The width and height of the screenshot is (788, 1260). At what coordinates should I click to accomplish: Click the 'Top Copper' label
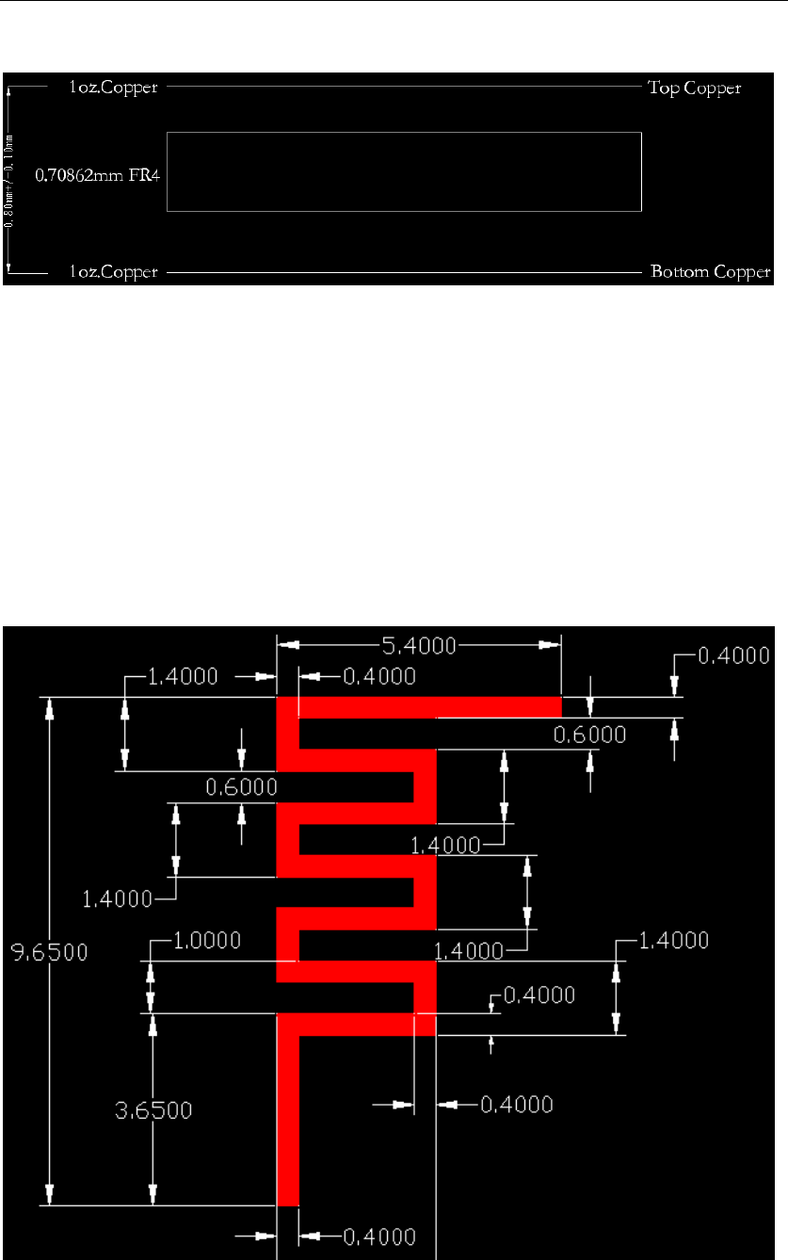point(694,89)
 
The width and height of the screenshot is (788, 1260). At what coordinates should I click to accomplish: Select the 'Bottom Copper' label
point(698,273)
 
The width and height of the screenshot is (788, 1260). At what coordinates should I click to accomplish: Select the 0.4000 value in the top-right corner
point(732,655)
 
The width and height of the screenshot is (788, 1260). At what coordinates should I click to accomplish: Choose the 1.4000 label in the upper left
point(184,676)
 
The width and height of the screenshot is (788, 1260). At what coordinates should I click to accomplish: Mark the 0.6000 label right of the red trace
point(589,735)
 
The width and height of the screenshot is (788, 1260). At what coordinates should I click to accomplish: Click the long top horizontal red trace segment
point(429,706)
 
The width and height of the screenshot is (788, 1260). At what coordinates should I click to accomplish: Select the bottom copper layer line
point(405,272)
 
